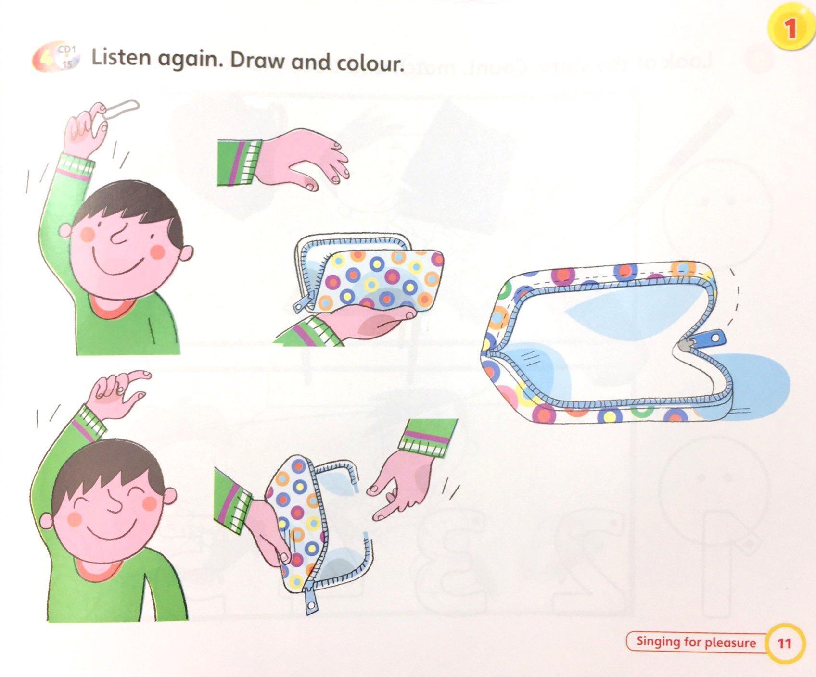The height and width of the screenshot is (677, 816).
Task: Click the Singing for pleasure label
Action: pos(696,642)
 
